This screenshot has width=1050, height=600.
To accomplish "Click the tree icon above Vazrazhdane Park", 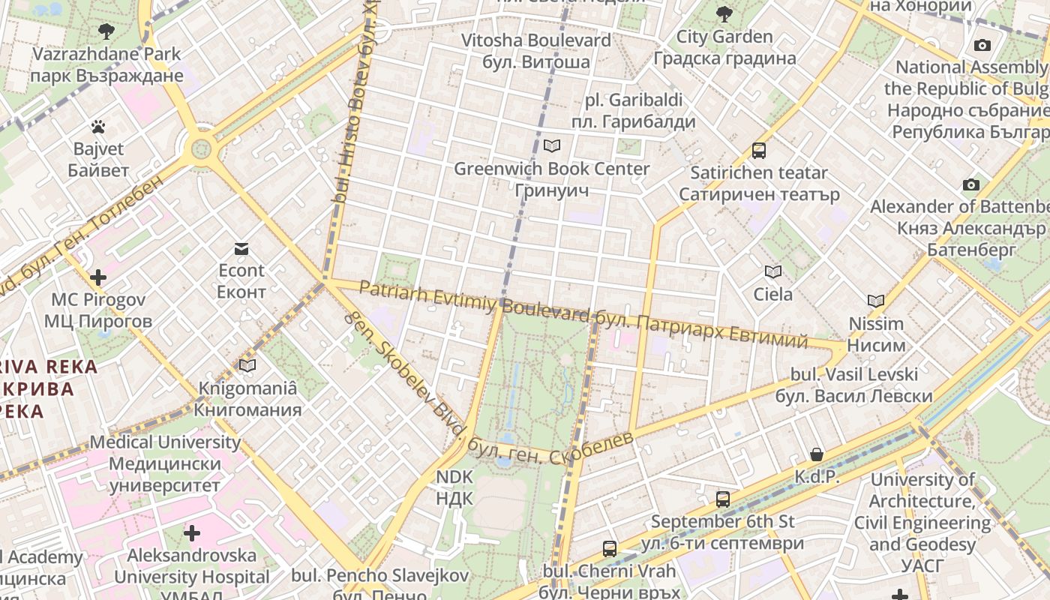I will (106, 31).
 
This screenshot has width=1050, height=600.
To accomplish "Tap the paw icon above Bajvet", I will (98, 127).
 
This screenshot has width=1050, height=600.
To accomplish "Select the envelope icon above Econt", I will (241, 249).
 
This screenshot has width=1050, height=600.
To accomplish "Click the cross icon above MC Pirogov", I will (97, 277).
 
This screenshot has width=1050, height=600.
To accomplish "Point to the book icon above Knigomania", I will (247, 365).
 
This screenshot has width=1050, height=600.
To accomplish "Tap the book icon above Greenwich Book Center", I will (552, 145).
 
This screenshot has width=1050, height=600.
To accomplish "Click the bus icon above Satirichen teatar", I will (759, 151).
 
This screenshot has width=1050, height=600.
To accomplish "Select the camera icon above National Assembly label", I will (982, 45).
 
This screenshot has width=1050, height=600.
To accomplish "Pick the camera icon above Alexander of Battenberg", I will (970, 184).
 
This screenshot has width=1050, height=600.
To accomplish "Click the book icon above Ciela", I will (773, 271).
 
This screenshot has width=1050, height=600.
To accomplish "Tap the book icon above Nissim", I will (876, 301).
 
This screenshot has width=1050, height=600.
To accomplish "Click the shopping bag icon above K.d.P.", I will (817, 454).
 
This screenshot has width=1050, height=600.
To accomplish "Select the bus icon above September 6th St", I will (723, 499).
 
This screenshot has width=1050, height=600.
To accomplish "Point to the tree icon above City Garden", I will (724, 13).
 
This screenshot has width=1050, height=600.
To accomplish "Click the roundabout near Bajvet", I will (202, 148).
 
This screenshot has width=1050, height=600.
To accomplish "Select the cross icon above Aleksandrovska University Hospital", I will (192, 533).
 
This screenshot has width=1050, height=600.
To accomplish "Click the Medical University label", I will (165, 463).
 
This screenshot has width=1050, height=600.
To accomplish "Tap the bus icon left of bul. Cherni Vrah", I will (610, 548).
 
